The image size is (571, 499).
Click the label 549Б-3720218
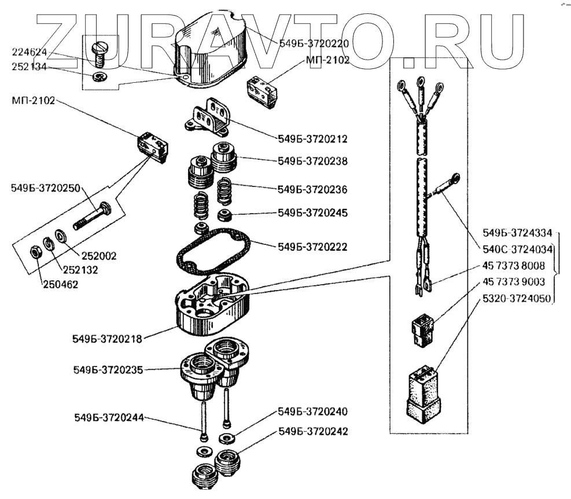point(108,336)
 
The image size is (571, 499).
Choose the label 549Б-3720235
point(108,369)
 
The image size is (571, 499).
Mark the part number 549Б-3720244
point(108,417)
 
